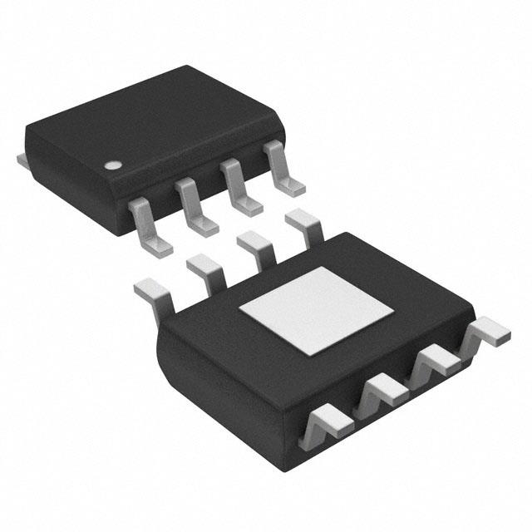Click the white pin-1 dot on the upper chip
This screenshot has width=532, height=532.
111,164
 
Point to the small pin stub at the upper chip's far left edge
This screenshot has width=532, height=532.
22,158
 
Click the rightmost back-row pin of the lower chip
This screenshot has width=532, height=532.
303,225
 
